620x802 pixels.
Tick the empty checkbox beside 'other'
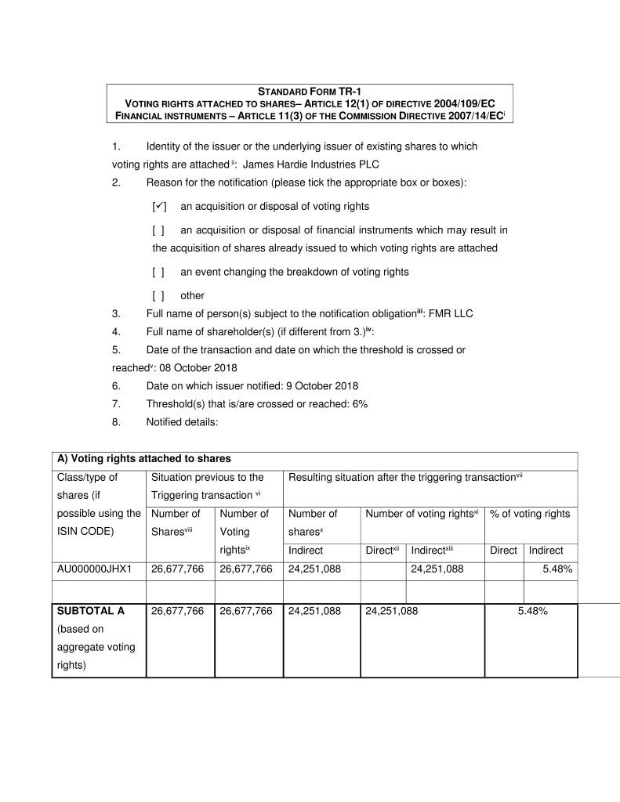pyautogui.click(x=158, y=295)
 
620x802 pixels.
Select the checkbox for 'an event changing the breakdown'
pyautogui.click(x=158, y=272)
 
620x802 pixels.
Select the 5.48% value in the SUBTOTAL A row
pyautogui.click(x=531, y=612)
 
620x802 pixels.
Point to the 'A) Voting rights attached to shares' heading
pyautogui.click(x=143, y=458)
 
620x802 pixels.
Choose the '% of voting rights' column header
pyautogui.click(x=530, y=514)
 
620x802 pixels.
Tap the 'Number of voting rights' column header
pyautogui.click(x=422, y=514)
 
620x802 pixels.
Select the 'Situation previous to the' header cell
pyautogui.click(x=207, y=477)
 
